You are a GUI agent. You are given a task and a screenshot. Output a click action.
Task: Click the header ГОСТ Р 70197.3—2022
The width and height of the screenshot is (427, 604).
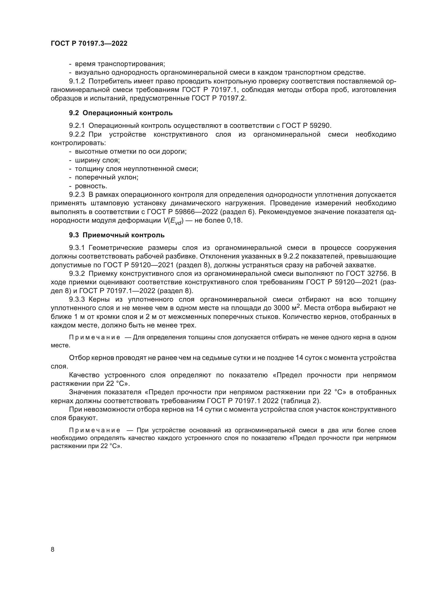[x=89, y=44]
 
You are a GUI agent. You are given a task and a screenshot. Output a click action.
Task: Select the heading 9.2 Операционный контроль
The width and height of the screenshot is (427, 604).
[x=121, y=113]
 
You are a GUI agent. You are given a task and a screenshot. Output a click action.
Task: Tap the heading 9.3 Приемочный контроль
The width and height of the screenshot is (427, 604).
[x=117, y=235]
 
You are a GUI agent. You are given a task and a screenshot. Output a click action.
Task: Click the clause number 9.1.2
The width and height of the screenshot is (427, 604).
[x=77, y=82]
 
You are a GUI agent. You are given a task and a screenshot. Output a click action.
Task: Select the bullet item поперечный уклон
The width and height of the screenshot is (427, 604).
[x=106, y=177]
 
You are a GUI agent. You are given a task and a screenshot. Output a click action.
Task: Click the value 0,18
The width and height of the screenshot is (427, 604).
[x=234, y=221]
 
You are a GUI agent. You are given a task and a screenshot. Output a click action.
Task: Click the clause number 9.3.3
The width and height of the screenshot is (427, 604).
[x=77, y=299]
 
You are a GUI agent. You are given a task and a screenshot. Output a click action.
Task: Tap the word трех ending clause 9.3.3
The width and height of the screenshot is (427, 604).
[x=188, y=325]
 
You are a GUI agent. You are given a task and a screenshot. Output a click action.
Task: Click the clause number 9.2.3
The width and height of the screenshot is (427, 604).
[x=77, y=195]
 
